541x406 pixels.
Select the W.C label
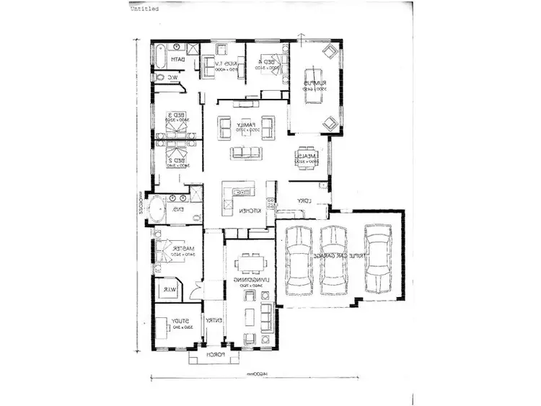click(174, 77)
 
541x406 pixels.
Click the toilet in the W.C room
click(158, 76)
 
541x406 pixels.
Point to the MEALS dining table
click(304, 159)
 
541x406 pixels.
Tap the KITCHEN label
click(247, 211)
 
